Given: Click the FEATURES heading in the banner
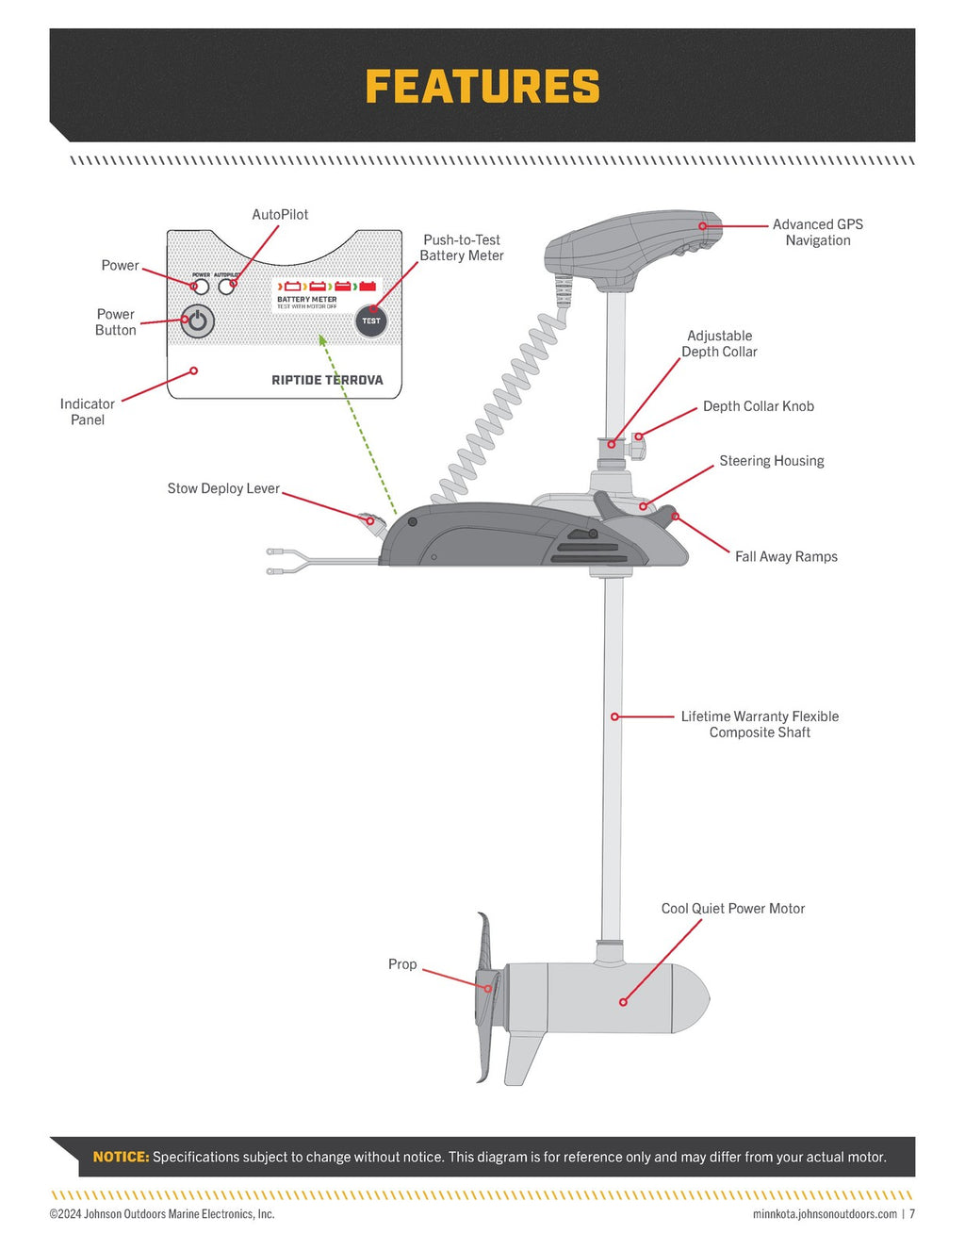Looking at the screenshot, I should point(482,87).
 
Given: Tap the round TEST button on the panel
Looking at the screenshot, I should point(371,321).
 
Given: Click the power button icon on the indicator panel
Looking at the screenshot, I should point(197,321).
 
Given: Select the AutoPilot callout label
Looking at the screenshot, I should point(280,215).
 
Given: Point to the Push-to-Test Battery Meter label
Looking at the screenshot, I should point(461,248).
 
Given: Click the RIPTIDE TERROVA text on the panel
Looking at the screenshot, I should point(327,380).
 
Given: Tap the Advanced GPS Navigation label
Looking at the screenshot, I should point(817,232).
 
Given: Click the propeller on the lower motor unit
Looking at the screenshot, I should point(485,999).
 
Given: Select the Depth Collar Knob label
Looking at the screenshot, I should point(758,406).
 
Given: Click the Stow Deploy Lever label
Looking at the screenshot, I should point(223,488).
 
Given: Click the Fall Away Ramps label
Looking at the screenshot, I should point(786,557).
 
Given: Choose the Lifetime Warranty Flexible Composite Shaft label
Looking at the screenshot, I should point(760,724).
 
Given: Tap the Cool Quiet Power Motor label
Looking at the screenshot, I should point(732,909).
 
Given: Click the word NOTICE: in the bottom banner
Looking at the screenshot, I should point(121,1157).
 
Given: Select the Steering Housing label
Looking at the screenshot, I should point(771,461).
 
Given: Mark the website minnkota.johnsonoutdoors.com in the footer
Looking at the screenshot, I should point(825,1214).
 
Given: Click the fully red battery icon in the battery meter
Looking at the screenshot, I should point(368,286).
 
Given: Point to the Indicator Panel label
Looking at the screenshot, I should point(87,412).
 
